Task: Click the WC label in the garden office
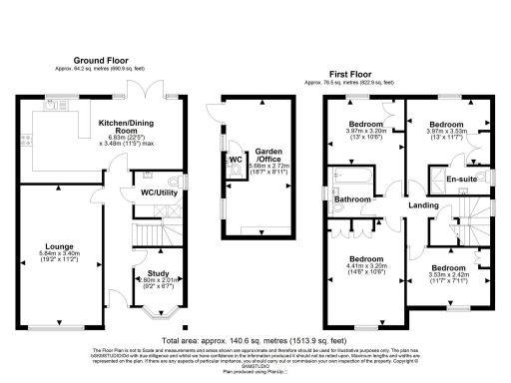236,160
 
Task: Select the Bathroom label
353,199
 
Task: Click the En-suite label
460,180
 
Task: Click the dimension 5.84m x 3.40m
53,253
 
